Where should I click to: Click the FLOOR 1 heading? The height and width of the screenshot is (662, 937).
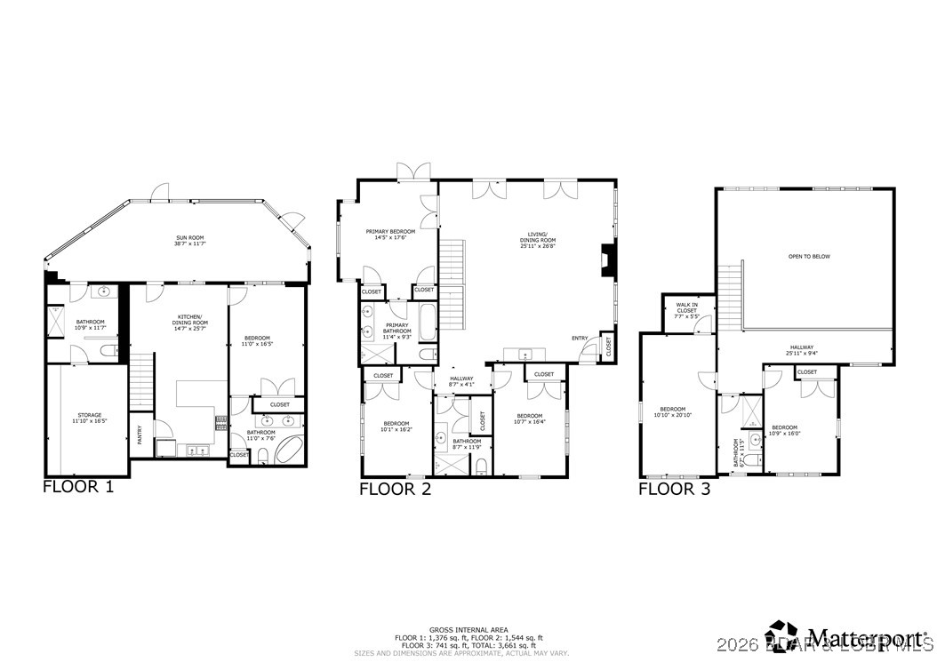point(78,487)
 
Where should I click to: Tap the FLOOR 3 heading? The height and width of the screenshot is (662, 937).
point(675,489)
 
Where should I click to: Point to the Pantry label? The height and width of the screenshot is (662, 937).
point(140,435)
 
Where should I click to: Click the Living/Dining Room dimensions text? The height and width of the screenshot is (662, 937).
point(538,246)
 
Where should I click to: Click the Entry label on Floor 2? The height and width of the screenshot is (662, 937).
point(580,338)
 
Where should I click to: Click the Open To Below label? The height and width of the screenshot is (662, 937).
point(809,256)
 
